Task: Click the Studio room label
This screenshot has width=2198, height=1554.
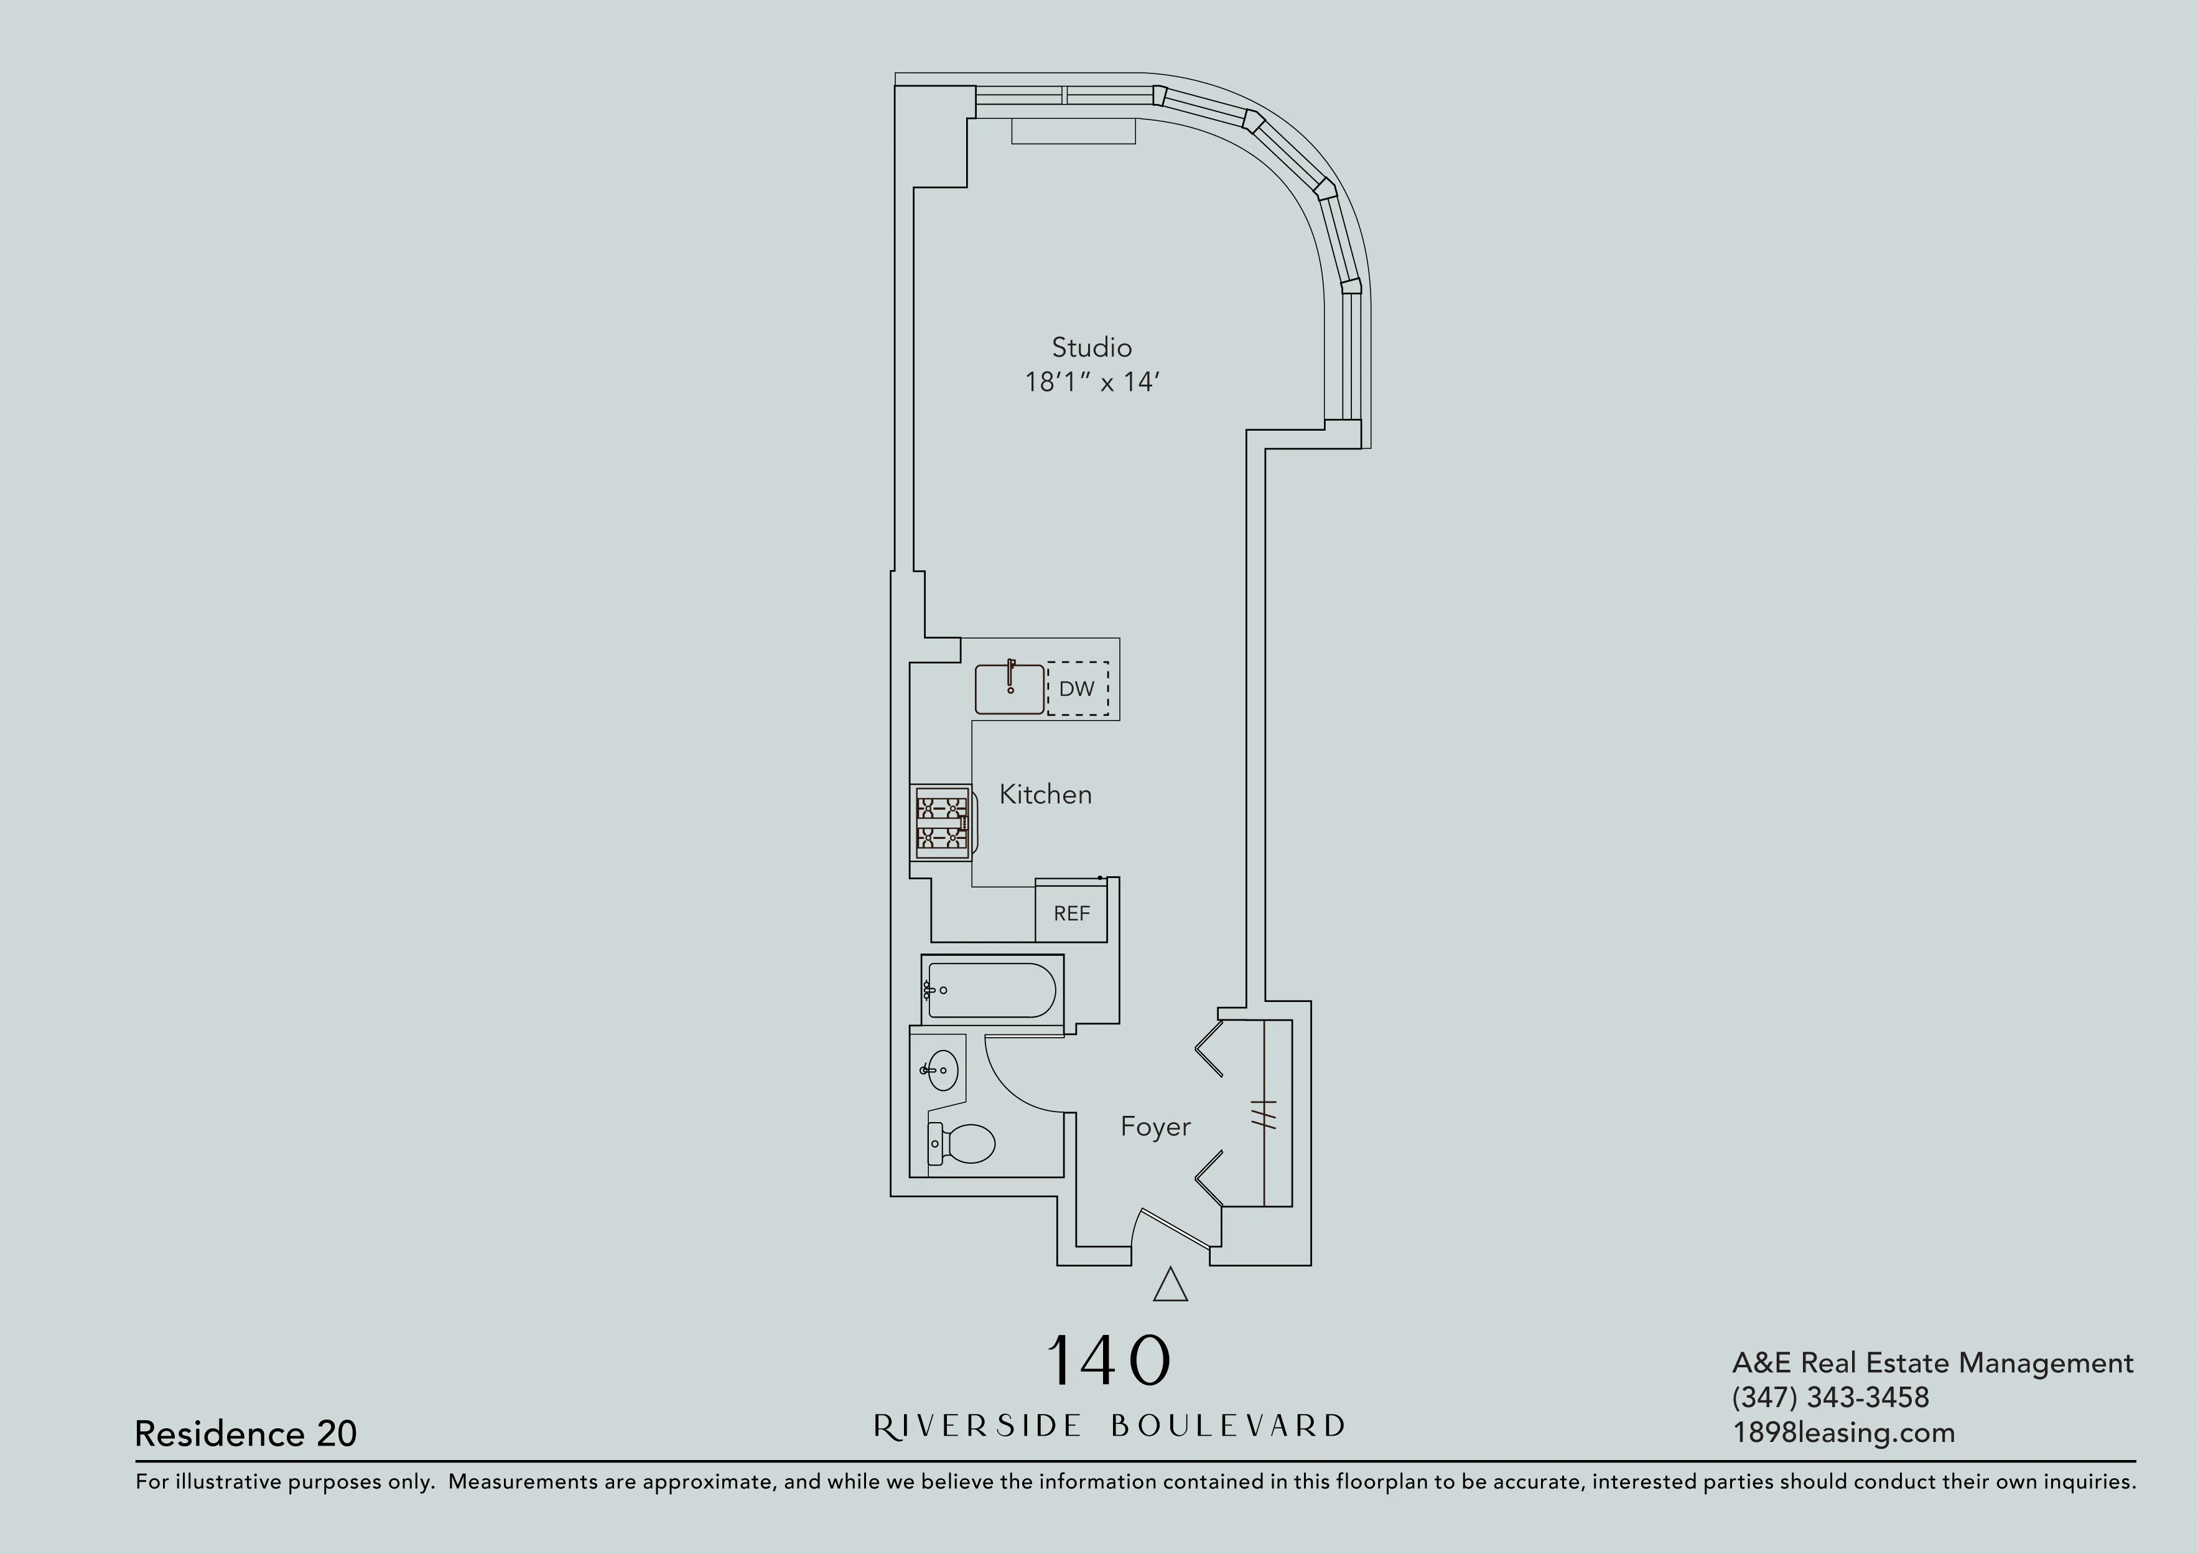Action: pos(1091,347)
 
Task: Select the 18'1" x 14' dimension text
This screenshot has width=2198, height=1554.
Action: pos(1091,382)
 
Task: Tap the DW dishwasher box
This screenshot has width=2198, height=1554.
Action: pos(1077,688)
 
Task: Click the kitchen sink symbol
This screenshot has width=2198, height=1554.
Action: pos(1009,688)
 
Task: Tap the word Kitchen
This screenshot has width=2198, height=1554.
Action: pos(1045,793)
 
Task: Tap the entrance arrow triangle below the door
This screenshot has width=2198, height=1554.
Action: pos(1170,1286)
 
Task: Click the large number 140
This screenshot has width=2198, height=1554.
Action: pos(1109,1360)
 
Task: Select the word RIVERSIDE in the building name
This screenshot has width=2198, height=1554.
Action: pos(977,1426)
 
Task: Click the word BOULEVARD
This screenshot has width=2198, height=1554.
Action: pos(1228,1426)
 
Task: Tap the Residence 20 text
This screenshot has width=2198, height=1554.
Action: pos(246,1433)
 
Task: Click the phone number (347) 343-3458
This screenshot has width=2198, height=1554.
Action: pos(1830,1397)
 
